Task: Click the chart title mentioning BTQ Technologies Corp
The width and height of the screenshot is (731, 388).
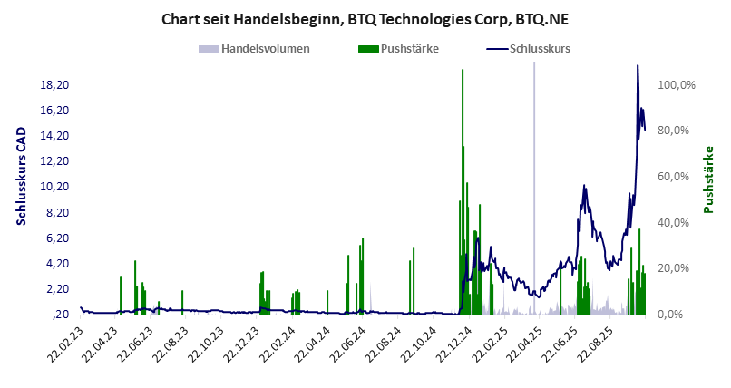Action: click(x=365, y=18)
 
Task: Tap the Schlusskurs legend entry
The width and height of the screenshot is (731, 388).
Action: click(x=539, y=48)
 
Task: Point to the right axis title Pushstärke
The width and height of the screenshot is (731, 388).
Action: click(x=709, y=179)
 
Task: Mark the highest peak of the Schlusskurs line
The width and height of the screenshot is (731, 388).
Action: click(x=638, y=66)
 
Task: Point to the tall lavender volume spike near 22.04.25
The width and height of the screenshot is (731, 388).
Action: click(x=533, y=181)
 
